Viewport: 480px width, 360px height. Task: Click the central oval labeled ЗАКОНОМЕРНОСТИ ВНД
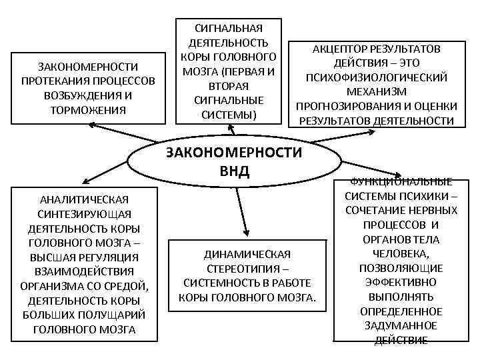(x=233, y=161)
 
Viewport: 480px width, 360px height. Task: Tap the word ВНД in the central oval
(x=234, y=171)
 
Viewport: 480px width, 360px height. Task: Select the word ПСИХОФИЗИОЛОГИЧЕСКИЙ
(x=377, y=77)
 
